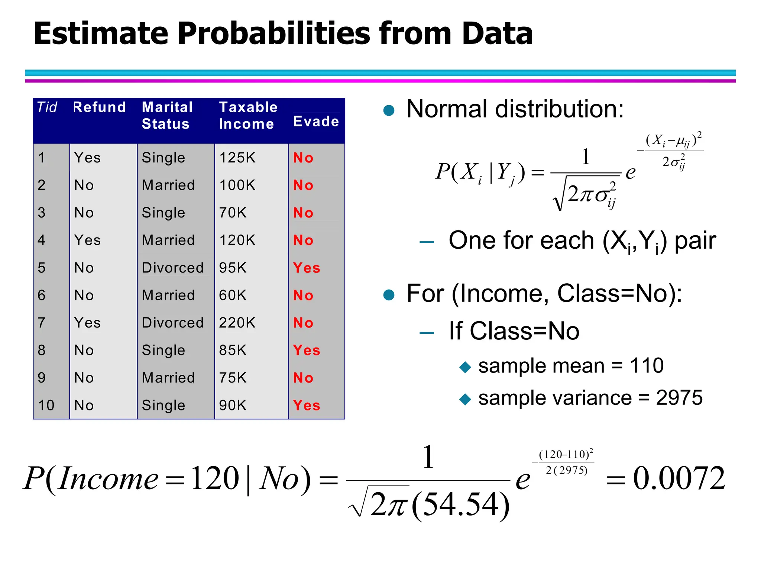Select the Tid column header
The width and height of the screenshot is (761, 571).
[x=47, y=107]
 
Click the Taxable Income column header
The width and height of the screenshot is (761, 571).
[x=248, y=115]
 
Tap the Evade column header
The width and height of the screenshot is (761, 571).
[x=316, y=122]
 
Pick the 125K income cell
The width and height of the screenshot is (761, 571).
[x=237, y=158]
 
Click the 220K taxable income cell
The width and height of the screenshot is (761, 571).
[x=237, y=323]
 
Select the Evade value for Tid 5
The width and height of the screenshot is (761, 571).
[x=306, y=268]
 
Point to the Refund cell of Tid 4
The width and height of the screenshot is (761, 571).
[x=87, y=240]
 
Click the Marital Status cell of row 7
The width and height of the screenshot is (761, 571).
[x=172, y=323]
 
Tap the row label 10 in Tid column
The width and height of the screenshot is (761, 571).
[x=46, y=405]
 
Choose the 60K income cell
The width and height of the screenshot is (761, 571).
[x=233, y=295]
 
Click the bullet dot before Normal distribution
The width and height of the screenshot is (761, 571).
[x=389, y=110]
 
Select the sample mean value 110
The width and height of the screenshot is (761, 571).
[x=647, y=366]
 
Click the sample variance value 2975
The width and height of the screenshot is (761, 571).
[x=679, y=398]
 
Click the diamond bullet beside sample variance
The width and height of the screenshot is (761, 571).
[x=465, y=400]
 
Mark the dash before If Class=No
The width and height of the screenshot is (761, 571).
[x=427, y=333]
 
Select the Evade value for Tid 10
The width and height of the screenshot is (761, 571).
[x=306, y=405]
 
